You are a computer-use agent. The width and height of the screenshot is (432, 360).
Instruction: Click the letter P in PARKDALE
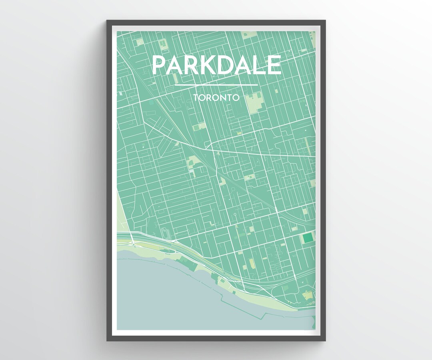click(x=160, y=65)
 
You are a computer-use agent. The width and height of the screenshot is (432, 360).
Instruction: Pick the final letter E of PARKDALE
click(x=275, y=65)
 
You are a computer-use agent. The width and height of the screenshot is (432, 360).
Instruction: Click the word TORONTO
click(x=216, y=97)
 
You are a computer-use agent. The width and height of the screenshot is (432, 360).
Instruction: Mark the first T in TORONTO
click(x=196, y=97)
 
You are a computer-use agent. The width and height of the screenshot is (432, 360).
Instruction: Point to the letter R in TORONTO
click(x=209, y=97)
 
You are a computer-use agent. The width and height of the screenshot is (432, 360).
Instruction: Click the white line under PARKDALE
click(x=216, y=85)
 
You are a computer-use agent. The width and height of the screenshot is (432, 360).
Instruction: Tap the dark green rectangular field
click(x=308, y=238)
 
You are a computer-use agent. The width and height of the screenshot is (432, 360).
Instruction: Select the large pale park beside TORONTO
click(x=255, y=103)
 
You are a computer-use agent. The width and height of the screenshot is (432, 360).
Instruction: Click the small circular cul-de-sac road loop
click(x=236, y=215)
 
